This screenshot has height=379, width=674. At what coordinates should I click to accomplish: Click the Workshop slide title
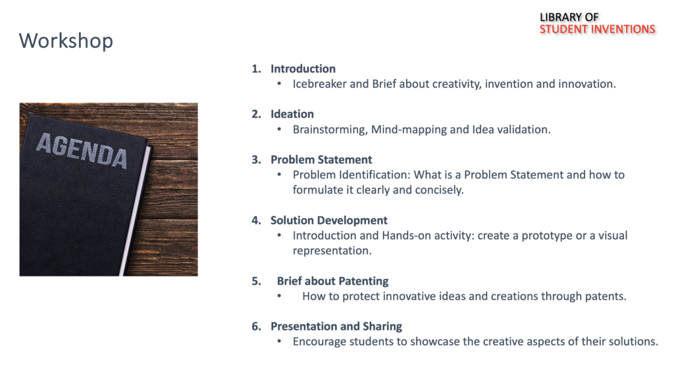66,41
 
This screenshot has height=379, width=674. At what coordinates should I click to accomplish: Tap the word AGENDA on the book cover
82,151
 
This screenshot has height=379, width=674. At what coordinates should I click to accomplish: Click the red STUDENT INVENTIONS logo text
597,29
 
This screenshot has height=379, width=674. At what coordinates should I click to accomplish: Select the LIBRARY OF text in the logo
569,17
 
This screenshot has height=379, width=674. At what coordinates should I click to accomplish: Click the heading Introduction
303,68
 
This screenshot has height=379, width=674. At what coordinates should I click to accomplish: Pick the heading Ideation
292,114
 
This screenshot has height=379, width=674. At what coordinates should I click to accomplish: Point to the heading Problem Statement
321,160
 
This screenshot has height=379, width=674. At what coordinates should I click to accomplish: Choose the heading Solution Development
329,220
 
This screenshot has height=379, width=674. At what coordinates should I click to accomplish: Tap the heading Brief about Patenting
332,281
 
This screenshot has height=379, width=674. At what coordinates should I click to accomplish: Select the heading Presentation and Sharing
336,326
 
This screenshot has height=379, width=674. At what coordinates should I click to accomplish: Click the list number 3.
256,160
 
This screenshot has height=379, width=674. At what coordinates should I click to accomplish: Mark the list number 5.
256,281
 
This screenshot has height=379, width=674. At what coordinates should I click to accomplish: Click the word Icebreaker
319,84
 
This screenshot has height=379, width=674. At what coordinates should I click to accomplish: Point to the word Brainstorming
330,130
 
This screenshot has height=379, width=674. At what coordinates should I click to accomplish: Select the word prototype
547,236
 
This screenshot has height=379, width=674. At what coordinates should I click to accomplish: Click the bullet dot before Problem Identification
279,175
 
